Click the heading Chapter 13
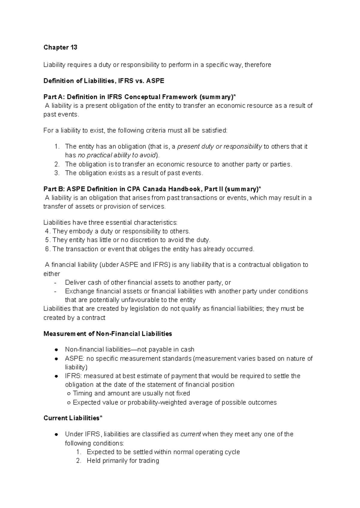tap(60, 47)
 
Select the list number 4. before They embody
tap(47, 231)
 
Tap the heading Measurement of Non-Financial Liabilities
tap(108, 334)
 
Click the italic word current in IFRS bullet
tap(190, 434)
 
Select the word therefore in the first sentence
tap(258, 65)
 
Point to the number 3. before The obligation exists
tap(57, 173)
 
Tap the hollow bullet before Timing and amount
tap(69, 394)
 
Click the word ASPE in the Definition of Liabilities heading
tap(155, 81)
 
